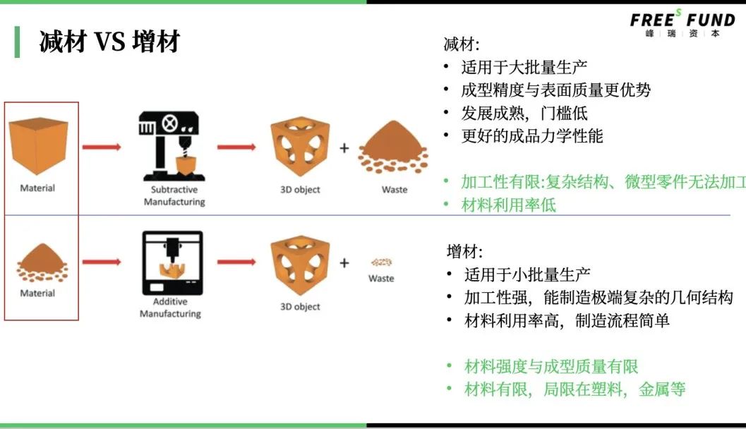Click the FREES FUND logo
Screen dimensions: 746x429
tap(682, 23)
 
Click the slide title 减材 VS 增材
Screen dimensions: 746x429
tap(109, 41)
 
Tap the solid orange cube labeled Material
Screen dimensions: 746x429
tap(38, 145)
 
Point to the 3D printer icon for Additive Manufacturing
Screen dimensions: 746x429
tap(172, 263)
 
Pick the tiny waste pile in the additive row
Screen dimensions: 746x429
tap(381, 262)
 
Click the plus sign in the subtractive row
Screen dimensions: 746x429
tap(344, 148)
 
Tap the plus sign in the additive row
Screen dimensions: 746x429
tap(344, 263)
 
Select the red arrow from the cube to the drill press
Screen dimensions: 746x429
tap(102, 147)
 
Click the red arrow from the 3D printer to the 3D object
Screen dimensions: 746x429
tap(236, 262)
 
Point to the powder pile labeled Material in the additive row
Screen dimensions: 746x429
tap(42, 263)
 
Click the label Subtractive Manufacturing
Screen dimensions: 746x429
tap(174, 195)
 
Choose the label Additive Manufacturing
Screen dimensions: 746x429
tap(170, 308)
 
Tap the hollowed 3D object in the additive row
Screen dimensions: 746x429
tap(300, 265)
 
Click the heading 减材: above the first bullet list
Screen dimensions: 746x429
tap(461, 44)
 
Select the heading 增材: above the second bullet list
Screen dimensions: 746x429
tap(464, 251)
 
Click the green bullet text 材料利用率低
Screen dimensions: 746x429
tap(508, 205)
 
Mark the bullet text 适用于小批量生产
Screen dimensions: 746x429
tap(527, 274)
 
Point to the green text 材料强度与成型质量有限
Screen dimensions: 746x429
tap(551, 367)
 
